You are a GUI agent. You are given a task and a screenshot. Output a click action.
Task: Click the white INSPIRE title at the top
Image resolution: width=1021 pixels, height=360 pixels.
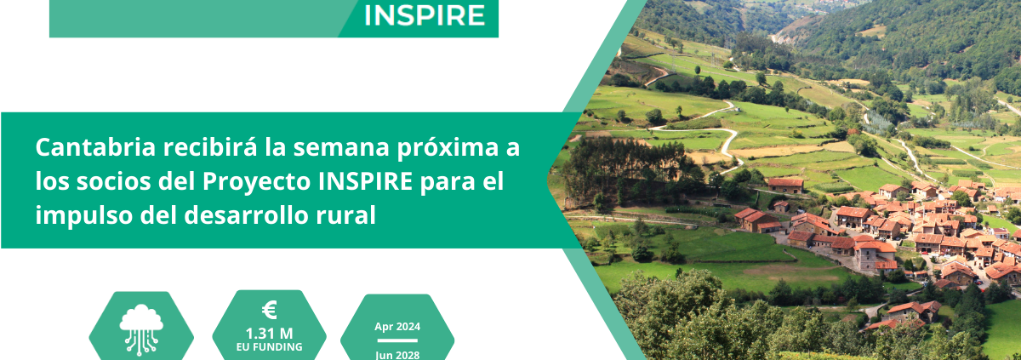(x=425, y=15)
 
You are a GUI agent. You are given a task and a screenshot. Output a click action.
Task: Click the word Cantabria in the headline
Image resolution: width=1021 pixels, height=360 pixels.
(x=95, y=147)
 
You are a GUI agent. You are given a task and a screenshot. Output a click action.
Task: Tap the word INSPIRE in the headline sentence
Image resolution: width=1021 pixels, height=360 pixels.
(x=366, y=181)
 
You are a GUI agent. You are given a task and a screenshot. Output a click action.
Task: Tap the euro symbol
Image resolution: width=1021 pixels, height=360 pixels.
(x=270, y=311)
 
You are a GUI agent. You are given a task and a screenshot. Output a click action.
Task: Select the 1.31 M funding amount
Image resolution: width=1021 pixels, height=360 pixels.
(x=270, y=334)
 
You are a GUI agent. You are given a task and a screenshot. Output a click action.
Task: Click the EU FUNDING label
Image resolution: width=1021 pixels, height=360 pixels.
(x=270, y=347)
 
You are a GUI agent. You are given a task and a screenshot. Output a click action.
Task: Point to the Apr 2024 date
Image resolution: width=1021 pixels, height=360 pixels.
(x=397, y=327)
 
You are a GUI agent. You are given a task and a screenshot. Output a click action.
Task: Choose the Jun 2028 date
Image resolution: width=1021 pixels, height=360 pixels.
(x=397, y=355)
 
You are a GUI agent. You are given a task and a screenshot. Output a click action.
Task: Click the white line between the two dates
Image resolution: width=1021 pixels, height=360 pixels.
(x=397, y=340)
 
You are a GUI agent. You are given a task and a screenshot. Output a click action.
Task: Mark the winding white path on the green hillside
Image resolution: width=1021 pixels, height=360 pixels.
(x=702, y=130)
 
